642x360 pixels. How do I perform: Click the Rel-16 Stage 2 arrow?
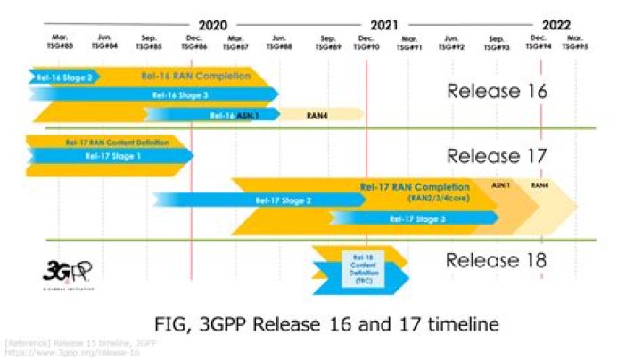pos(62,78)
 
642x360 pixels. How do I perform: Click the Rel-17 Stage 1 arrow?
pos(111,156)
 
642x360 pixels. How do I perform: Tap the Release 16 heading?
pos(496,90)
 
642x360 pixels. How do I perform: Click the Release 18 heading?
pos(496,261)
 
